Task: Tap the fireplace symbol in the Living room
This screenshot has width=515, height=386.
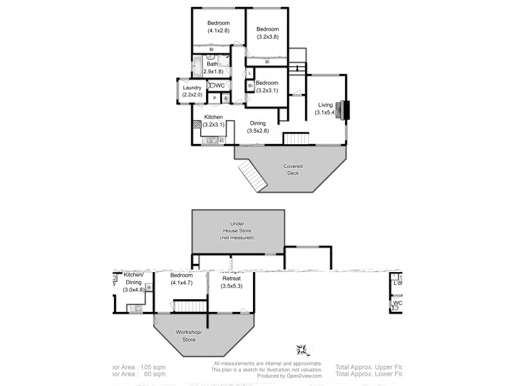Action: click(345, 110)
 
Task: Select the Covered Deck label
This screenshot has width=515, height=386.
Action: click(293, 169)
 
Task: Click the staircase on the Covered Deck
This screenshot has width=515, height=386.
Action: click(252, 175)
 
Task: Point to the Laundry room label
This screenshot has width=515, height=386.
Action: click(192, 88)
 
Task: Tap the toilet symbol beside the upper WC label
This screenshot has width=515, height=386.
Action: click(211, 86)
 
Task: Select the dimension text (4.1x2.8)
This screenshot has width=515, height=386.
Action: click(218, 31)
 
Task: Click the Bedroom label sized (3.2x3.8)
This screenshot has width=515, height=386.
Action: click(267, 29)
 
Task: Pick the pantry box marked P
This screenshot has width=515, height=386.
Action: click(214, 98)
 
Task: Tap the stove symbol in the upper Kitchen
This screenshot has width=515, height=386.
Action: click(196, 126)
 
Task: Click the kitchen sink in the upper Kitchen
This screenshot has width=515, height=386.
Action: click(212, 140)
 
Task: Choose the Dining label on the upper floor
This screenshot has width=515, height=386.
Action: click(257, 123)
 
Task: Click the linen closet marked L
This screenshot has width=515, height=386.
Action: click(249, 73)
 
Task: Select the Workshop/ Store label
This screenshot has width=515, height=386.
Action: click(189, 335)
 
